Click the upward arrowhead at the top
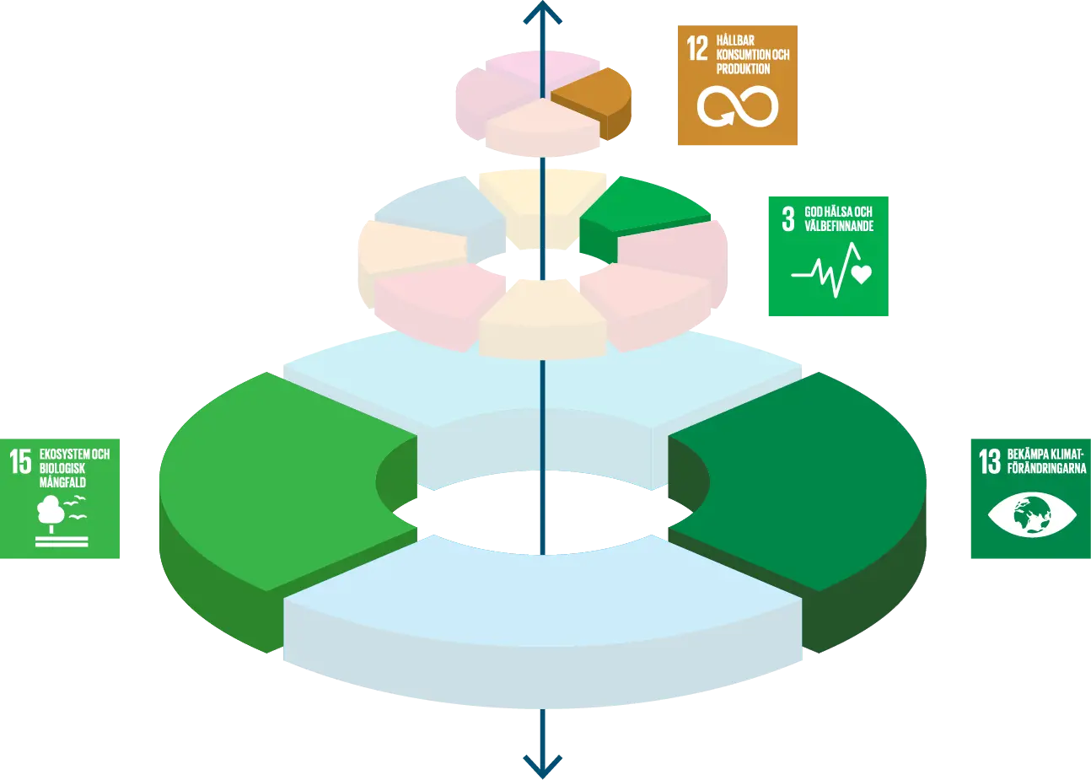[x=543, y=12]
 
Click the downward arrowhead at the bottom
[x=543, y=767]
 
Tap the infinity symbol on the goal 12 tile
[x=738, y=107]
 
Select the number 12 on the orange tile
[x=697, y=48]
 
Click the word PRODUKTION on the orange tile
[x=743, y=69]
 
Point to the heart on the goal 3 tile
[x=861, y=274]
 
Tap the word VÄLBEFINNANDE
[x=839, y=226]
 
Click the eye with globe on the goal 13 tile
[x=1032, y=515]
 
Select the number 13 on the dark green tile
[x=990, y=461]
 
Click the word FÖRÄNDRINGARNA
[x=1046, y=468]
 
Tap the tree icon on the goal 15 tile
[x=51, y=514]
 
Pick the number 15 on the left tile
[x=20, y=461]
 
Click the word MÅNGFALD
[x=62, y=482]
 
